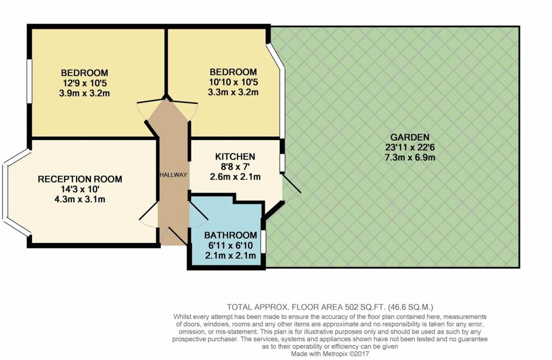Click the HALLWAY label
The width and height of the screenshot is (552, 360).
[172, 175]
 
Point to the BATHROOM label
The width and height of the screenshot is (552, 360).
[230, 235]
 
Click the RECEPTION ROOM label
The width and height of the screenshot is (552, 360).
[80, 179]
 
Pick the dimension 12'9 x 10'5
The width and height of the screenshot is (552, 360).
[85, 82]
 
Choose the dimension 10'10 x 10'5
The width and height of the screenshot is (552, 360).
[233, 82]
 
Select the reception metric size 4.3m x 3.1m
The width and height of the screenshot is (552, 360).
[80, 199]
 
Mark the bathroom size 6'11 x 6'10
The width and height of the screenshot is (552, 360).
[230, 246]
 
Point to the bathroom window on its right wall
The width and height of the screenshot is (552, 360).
[264, 241]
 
